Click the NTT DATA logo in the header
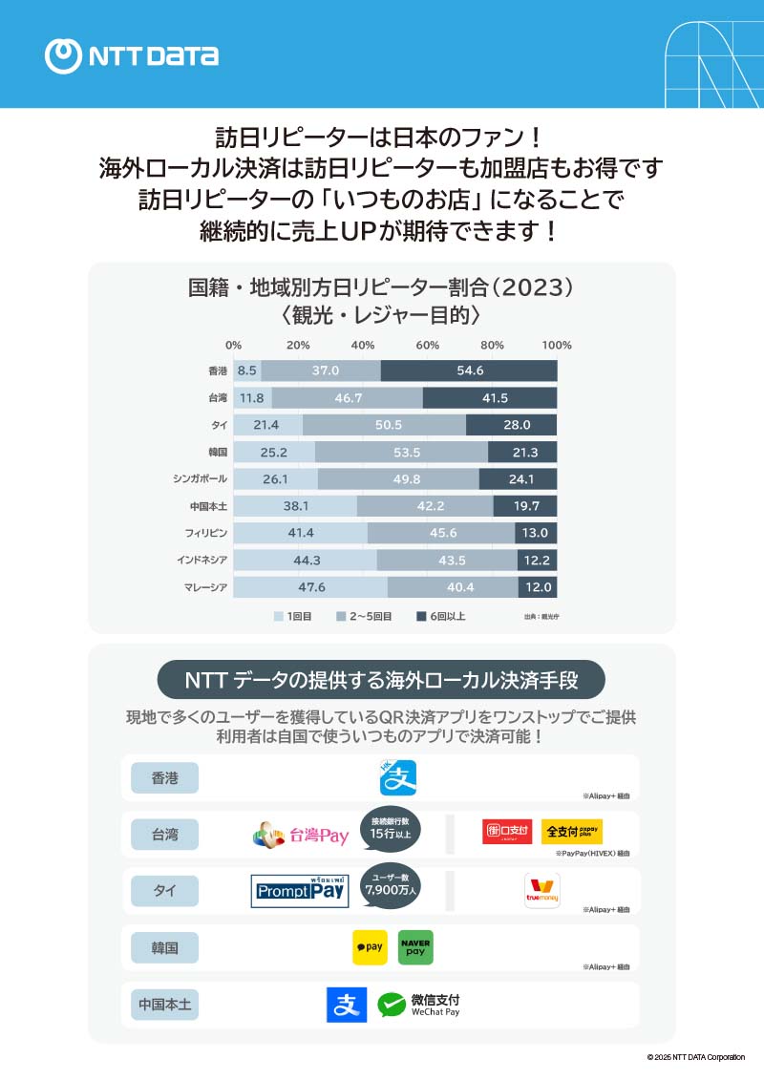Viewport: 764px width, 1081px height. [132, 55]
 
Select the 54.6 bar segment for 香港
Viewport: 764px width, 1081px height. [468, 371]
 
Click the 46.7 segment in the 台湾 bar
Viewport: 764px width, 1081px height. [347, 397]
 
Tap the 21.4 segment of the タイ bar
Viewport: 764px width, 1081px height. [267, 425]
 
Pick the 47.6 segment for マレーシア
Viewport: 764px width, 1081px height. [310, 587]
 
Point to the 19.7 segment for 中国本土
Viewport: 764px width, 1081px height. [525, 506]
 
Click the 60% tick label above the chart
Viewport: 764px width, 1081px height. [427, 345]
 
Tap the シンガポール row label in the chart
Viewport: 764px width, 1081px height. [200, 479]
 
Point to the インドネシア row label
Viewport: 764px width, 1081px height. [202, 561]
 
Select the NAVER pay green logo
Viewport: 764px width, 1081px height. [415, 947]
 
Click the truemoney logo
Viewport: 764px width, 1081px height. [542, 891]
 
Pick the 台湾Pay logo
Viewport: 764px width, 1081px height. [301, 836]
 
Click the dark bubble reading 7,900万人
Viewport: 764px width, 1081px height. [391, 884]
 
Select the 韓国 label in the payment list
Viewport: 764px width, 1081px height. [164, 948]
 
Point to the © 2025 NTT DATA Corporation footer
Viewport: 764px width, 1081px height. [695, 1057]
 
